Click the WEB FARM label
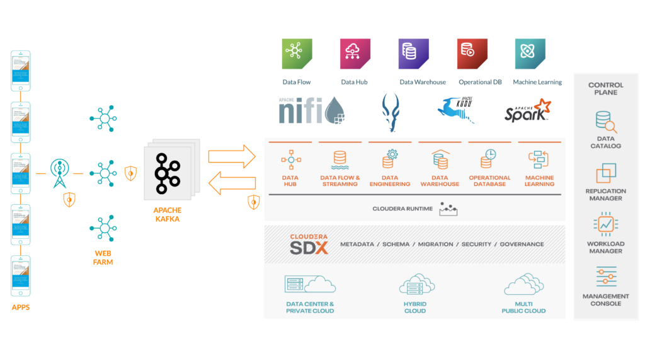[x=103, y=258]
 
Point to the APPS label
[x=20, y=308]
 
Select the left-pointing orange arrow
[x=232, y=185]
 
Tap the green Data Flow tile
[x=297, y=54]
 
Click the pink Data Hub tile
[x=355, y=54]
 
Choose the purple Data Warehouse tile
[x=413, y=54]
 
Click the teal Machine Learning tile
[x=530, y=54]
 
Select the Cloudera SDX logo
[x=309, y=244]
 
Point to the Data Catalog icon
[x=606, y=122]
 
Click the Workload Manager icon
[x=606, y=224]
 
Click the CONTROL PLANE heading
[x=606, y=88]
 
